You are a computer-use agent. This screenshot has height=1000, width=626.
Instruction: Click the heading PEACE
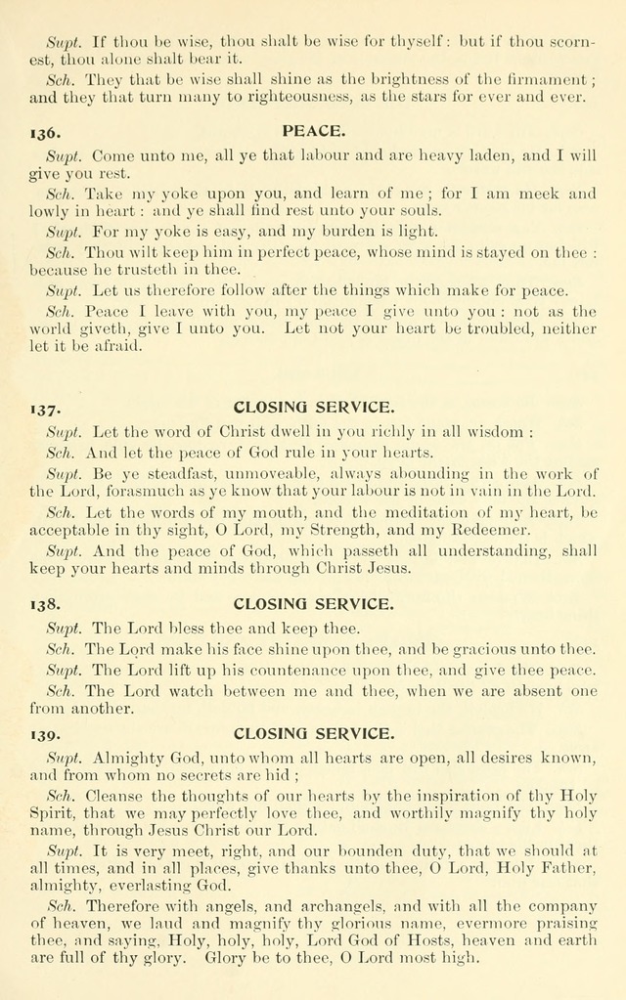pos(313,130)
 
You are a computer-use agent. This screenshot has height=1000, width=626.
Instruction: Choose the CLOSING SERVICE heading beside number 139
pos(313,731)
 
